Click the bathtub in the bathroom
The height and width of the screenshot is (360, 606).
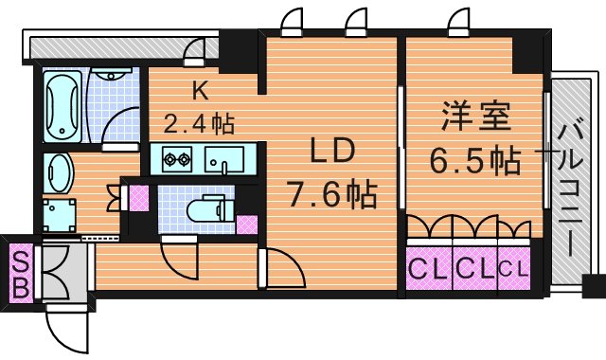click(62, 106)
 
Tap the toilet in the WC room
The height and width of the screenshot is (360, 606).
click(205, 208)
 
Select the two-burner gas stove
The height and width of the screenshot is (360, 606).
click(177, 158)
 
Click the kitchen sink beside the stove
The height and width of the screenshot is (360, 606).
click(224, 159)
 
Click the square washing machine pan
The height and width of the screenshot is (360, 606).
click(59, 215)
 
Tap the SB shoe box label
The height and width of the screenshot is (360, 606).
click(21, 274)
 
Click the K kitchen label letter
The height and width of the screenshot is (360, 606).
click(201, 91)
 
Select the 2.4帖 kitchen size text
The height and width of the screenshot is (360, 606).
click(199, 123)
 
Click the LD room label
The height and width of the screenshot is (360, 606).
click(332, 152)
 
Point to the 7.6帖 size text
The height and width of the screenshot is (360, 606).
click(330, 193)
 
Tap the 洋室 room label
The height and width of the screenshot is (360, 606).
click(476, 116)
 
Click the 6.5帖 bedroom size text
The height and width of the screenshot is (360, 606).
click(475, 160)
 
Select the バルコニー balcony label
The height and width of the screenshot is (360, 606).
click(571, 189)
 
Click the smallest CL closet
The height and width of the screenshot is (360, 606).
click(514, 268)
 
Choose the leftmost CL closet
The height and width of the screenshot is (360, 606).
click(429, 268)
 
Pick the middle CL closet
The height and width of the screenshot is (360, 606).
click(475, 268)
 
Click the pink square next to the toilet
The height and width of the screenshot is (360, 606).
click(247, 225)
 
